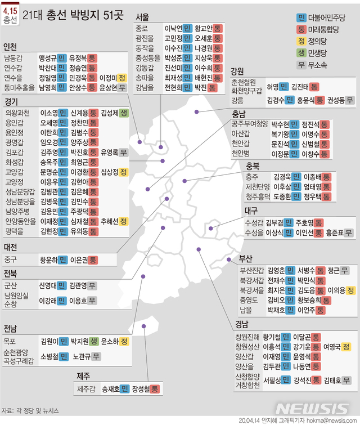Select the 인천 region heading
point(11,47)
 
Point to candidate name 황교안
point(204,28)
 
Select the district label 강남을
point(143,88)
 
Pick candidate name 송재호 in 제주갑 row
point(110,388)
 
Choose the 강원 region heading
point(237,71)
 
